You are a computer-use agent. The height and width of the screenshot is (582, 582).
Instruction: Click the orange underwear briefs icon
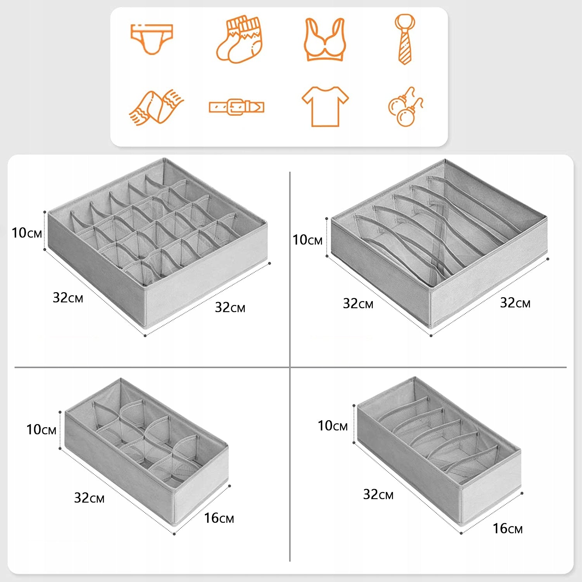pyautogui.click(x=151, y=39)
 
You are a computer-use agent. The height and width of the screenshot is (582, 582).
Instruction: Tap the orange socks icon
pyautogui.click(x=239, y=40)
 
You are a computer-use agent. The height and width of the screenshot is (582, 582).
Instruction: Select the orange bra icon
pyautogui.click(x=325, y=40)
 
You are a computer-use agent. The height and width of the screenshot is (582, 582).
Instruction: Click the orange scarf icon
pyautogui.click(x=156, y=107)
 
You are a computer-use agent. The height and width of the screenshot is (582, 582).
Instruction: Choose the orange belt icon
pyautogui.click(x=236, y=107)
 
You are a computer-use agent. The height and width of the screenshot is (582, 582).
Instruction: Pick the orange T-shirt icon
pyautogui.click(x=325, y=106)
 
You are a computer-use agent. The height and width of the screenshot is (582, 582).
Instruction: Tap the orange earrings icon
pyautogui.click(x=405, y=106)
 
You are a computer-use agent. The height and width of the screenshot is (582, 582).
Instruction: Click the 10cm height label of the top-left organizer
pyautogui.click(x=27, y=233)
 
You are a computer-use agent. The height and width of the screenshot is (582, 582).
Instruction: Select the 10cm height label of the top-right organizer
pyautogui.click(x=307, y=240)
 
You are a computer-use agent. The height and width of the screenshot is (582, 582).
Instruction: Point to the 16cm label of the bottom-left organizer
pyautogui.click(x=219, y=518)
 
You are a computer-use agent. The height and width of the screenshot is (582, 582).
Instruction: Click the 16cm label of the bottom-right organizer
pyautogui.click(x=508, y=528)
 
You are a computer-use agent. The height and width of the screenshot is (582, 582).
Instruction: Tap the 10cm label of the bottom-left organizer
pyautogui.click(x=42, y=430)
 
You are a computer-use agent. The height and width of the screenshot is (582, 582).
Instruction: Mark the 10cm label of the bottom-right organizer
pyautogui.click(x=333, y=426)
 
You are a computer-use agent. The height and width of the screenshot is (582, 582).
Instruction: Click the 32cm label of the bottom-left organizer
pyautogui.click(x=89, y=498)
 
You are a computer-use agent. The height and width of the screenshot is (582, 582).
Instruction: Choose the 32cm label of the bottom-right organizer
pyautogui.click(x=378, y=494)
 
